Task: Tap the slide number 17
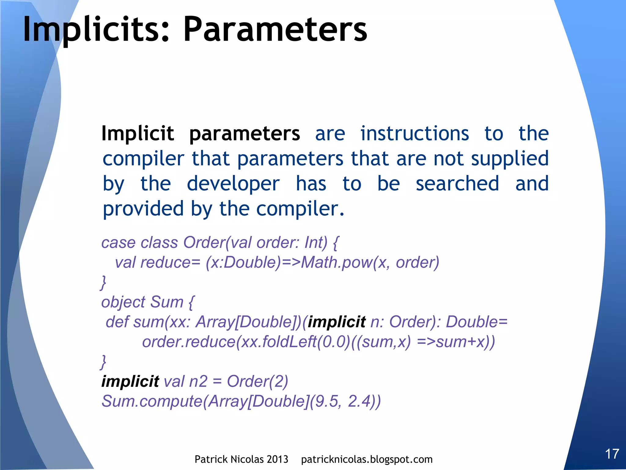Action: pos(612,454)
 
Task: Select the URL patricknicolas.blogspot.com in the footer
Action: pos(367,459)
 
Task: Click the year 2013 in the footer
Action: pos(277,459)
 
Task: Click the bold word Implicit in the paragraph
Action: pos(138,133)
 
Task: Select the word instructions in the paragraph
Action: pos(414,133)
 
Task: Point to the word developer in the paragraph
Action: pos(233,184)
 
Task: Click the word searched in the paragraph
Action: pos(457,184)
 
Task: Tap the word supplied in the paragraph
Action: pos(510,159)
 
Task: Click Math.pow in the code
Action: pos(337,263)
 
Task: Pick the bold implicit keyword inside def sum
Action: pos(337,322)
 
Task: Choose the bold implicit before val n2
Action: pos(130,381)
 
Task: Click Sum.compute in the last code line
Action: pos(152,401)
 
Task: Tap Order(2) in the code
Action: pos(257,381)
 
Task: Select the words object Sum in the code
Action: pos(142,302)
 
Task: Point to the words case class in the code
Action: pos(139,243)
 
